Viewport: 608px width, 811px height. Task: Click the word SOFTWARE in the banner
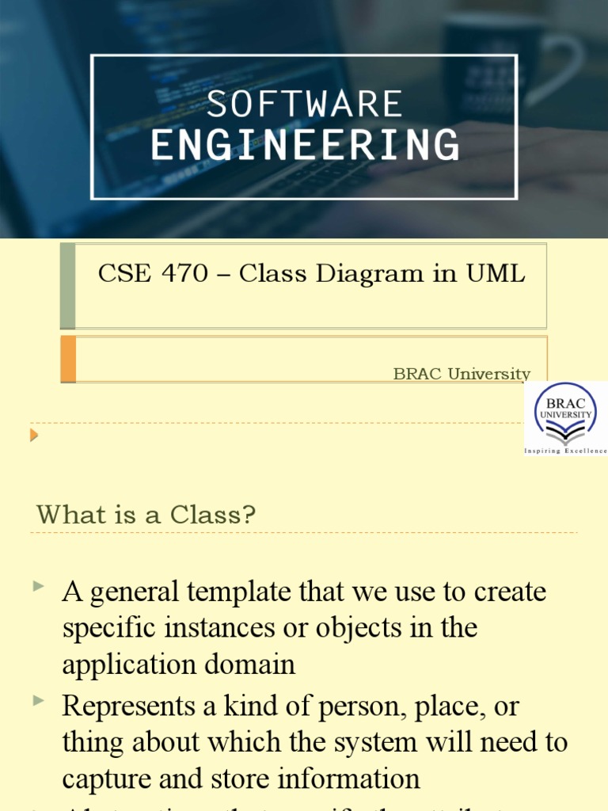pyautogui.click(x=305, y=105)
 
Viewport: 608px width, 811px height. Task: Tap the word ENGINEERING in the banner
pyautogui.click(x=305, y=146)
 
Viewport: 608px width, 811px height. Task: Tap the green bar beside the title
pyautogui.click(x=68, y=286)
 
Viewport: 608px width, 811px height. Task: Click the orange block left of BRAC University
pyautogui.click(x=68, y=359)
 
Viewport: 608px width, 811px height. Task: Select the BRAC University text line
pyautogui.click(x=462, y=373)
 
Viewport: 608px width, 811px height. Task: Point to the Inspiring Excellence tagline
pyautogui.click(x=565, y=450)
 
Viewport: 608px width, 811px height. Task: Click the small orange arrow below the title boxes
pyautogui.click(x=34, y=434)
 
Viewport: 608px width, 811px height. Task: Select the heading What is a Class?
pyautogui.click(x=146, y=515)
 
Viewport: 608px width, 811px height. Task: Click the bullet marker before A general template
pyautogui.click(x=39, y=587)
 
